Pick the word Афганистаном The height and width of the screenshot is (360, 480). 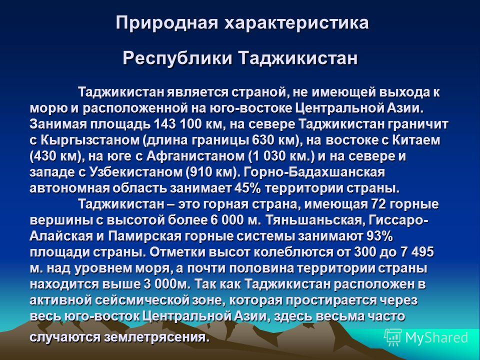click(196, 156)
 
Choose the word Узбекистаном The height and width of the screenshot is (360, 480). click(135, 172)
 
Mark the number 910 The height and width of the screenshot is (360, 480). click(200, 172)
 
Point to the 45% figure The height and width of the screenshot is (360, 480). click(247, 188)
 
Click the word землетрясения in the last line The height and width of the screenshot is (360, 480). click(154, 337)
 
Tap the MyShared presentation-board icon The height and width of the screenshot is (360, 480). click(393, 337)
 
